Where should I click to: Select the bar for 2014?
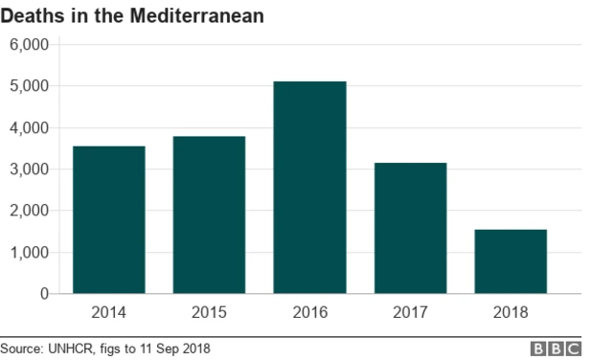click(x=108, y=220)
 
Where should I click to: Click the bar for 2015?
click(x=209, y=215)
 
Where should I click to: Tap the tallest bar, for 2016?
click(x=309, y=188)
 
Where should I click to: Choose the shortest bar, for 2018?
click(x=511, y=261)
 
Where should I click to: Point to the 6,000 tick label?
click(x=29, y=44)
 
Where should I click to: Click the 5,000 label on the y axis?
click(x=29, y=86)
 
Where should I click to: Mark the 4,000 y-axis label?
click(x=29, y=127)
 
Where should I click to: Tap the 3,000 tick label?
click(x=29, y=169)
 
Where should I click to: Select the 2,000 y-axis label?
click(x=29, y=211)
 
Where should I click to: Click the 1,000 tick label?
click(x=29, y=253)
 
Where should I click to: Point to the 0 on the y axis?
click(x=44, y=294)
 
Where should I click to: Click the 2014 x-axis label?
click(x=108, y=312)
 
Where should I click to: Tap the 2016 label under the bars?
click(x=309, y=312)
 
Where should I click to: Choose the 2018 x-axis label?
click(x=511, y=312)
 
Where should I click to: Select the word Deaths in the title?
click(x=32, y=16)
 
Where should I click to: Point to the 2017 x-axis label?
click(x=410, y=312)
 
